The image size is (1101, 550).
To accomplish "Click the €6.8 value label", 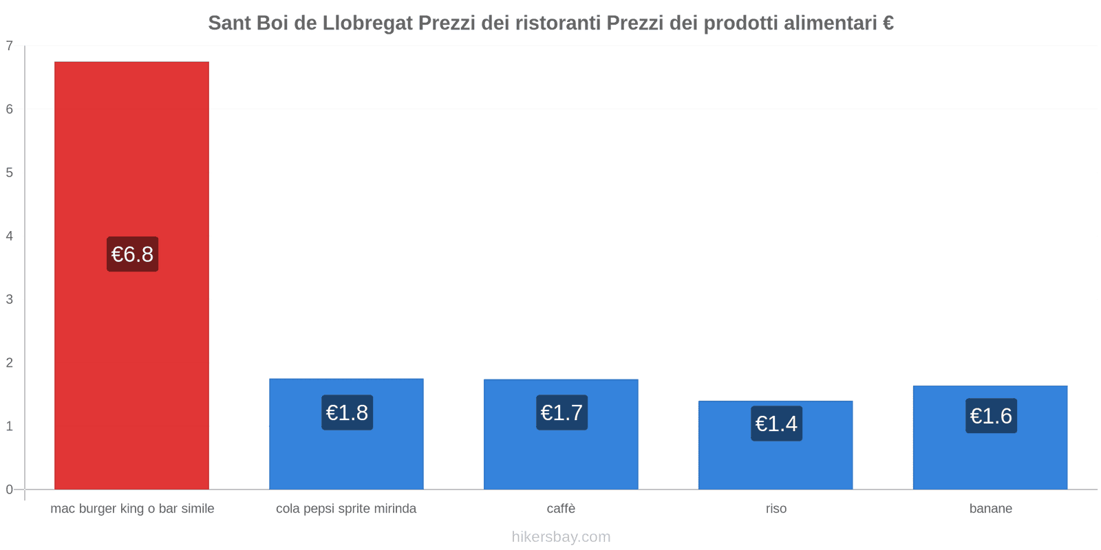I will pos(132,254).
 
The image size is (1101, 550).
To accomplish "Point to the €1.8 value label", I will pos(347,412).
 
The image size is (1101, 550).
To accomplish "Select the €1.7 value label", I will pos(562,412).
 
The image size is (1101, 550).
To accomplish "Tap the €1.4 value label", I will pos(776,423).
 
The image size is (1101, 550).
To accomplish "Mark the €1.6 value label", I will pos(991,416).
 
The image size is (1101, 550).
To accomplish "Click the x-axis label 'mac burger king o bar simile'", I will pos(132,509).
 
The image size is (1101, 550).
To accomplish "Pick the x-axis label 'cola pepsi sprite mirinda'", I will pos(346,509).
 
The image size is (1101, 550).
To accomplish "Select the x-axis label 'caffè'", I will pos(561,509).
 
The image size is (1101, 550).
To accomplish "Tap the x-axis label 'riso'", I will pos(776,509).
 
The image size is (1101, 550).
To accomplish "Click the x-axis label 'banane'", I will pos(991,509).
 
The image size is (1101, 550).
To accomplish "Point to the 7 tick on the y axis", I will pos(10,46).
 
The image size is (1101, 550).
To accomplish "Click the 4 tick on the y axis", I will pos(10,236).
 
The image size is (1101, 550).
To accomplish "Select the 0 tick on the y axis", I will pos(10,489).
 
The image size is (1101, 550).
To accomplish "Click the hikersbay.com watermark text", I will pos(561,537).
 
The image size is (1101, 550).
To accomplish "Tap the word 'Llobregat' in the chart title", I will pos(367,23).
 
